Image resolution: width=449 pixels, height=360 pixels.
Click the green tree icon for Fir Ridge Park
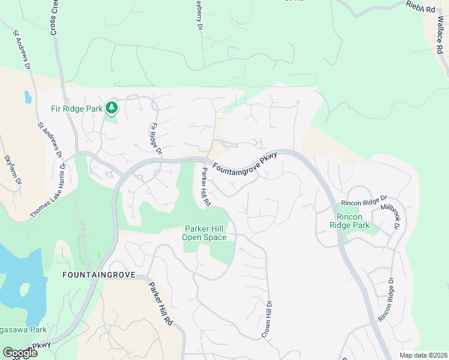point(111,108)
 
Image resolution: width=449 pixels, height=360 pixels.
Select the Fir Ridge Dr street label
point(155,138)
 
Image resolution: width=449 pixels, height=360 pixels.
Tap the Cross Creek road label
point(54,17)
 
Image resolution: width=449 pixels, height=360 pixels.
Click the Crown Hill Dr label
point(267,320)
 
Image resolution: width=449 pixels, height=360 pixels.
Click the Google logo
point(19,353)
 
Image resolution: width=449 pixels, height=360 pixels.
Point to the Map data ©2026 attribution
point(423,355)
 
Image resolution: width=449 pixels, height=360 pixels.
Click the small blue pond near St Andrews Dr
point(28,96)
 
